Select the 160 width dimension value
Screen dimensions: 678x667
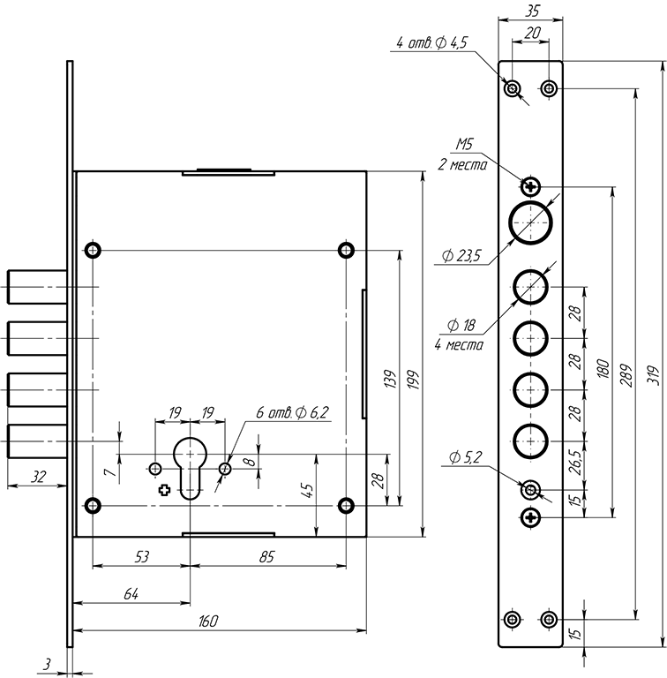(x=209, y=621)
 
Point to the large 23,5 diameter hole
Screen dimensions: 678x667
(x=530, y=222)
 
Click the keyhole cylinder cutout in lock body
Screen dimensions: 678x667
(x=190, y=467)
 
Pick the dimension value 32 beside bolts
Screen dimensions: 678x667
(x=37, y=476)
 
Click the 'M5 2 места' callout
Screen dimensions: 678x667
(x=464, y=155)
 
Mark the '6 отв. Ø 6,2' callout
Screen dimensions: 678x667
(x=292, y=412)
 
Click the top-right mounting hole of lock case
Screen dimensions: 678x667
(x=346, y=249)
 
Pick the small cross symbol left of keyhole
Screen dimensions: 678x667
(x=163, y=490)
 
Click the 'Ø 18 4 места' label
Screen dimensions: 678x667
(x=459, y=335)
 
